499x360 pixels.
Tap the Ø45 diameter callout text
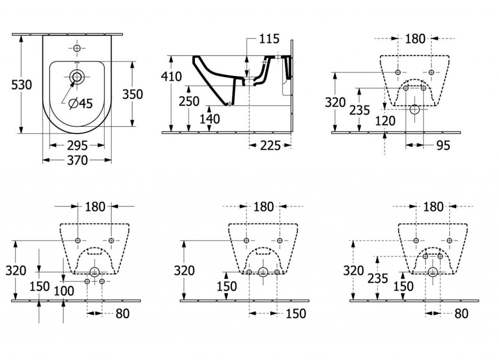coord(80,103)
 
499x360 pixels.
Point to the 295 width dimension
coord(77,145)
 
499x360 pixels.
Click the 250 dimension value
coord(189,101)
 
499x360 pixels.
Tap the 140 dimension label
coord(210,119)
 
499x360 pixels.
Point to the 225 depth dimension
coord(270,145)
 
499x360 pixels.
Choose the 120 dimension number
coord(386,121)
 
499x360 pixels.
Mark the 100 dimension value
coord(64,291)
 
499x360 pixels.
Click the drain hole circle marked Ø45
coord(77,76)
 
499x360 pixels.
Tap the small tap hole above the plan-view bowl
coord(77,48)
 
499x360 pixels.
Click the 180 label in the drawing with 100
coord(95,207)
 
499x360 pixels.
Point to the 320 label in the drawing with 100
coord(17,270)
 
